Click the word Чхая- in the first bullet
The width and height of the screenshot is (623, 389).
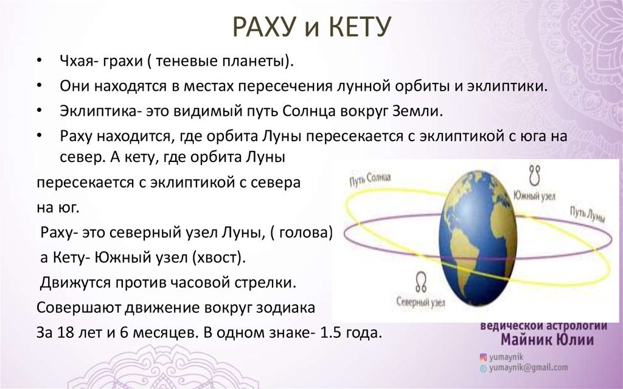tap(77, 61)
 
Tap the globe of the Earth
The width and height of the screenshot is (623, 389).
tap(478, 238)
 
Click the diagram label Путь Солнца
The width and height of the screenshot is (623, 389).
tap(370, 179)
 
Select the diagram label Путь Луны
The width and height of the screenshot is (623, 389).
tap(587, 214)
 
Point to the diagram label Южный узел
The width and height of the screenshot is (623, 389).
tap(534, 195)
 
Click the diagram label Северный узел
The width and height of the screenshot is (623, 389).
tap(420, 302)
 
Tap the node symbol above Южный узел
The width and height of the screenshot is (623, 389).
tap(534, 175)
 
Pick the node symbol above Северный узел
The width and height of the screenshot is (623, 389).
tap(421, 282)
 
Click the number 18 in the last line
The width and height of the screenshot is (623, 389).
tap(66, 332)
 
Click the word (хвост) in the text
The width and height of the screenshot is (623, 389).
tap(217, 258)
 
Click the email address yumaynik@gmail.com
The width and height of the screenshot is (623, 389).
tap(528, 368)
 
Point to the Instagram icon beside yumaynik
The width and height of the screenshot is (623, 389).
tap(483, 357)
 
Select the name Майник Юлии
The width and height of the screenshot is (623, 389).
tap(547, 340)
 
